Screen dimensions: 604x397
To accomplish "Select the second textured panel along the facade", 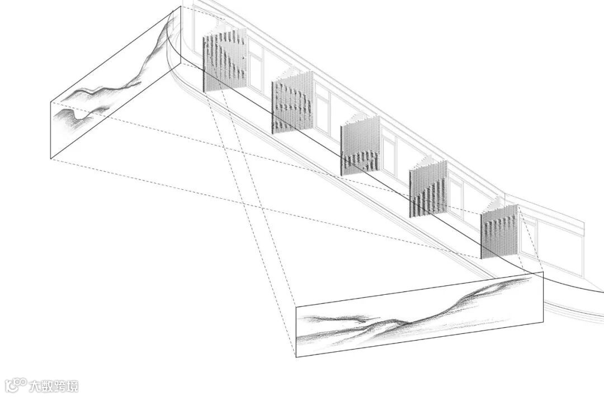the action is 292,106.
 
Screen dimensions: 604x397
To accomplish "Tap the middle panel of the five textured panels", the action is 360,146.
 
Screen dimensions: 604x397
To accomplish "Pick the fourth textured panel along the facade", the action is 428,189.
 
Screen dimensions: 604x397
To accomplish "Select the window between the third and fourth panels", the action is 390,151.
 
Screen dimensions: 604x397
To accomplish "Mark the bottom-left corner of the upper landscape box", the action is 51,159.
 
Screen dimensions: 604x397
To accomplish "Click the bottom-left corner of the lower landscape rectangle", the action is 296,357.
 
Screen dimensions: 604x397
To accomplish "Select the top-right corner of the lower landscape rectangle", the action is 542,272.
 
